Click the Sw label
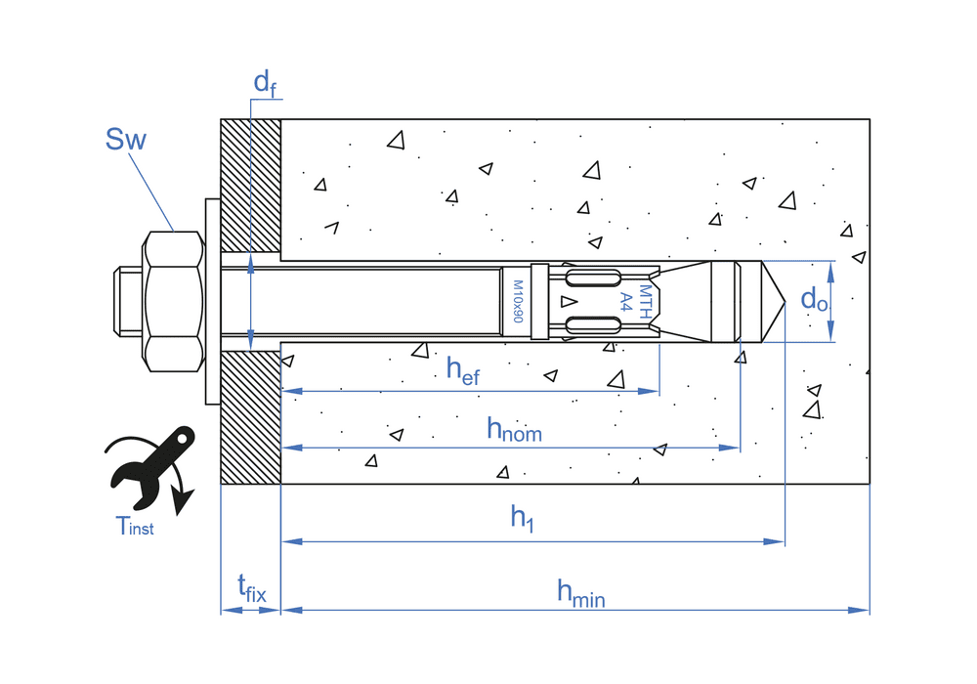click(x=125, y=140)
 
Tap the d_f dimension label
click(x=265, y=83)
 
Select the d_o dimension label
click(x=814, y=299)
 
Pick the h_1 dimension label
click(x=523, y=519)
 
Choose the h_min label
click(x=580, y=590)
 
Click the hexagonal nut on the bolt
click(x=174, y=300)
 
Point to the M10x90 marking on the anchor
click(x=518, y=301)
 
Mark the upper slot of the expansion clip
click(x=592, y=278)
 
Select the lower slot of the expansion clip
click(x=592, y=325)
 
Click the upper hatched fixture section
click(x=251, y=186)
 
